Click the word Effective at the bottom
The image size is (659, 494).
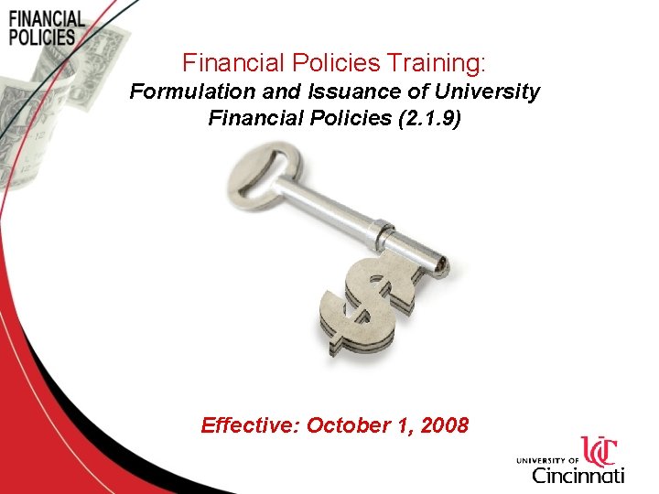[x=250, y=425]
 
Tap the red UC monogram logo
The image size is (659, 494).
[x=600, y=452]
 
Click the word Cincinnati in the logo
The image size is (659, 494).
[x=578, y=475]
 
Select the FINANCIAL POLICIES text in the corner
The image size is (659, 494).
[x=45, y=28]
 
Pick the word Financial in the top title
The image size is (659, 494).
[x=225, y=63]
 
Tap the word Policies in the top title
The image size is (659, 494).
[x=323, y=63]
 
